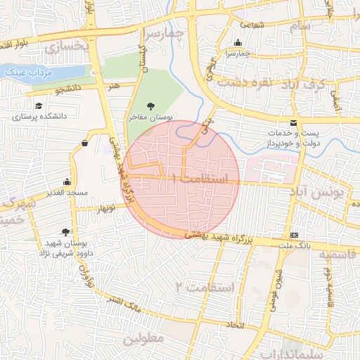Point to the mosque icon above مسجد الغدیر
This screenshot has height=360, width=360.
coord(67,181)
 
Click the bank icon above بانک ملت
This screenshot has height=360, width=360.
coord(293,235)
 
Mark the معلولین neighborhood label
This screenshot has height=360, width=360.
coord(143,338)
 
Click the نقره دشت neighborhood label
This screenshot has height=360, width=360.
coord(244,82)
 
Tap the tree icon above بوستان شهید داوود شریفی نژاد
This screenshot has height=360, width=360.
coord(65,231)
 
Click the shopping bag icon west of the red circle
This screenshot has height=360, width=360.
coord(85,143)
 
